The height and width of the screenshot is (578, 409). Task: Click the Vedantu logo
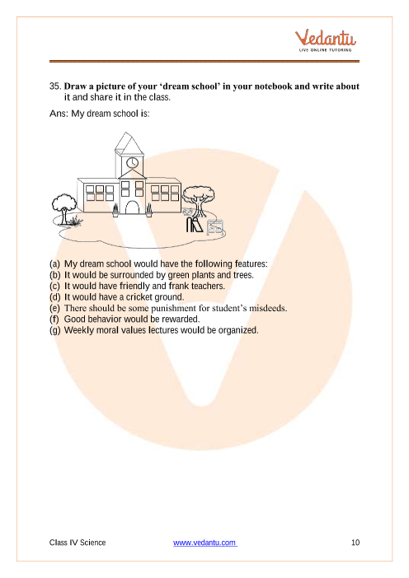tap(325, 40)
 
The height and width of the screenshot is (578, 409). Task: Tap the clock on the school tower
tap(132, 162)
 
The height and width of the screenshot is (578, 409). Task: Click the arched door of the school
tap(132, 207)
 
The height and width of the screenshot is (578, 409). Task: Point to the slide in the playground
tap(195, 225)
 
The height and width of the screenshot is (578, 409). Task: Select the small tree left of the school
tap(65, 209)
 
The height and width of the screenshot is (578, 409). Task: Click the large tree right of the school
tap(199, 201)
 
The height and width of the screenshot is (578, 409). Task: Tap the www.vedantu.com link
tap(204, 543)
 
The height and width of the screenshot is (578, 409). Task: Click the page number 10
tap(355, 543)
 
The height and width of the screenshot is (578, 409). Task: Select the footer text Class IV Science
tap(78, 543)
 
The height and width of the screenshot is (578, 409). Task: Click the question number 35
tap(55, 86)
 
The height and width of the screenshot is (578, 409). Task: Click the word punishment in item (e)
tap(173, 308)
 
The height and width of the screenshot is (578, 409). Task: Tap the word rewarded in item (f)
tap(180, 319)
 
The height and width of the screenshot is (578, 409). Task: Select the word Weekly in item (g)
tap(78, 330)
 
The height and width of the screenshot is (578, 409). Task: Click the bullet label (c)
tap(54, 287)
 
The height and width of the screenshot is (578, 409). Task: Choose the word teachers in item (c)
tap(208, 286)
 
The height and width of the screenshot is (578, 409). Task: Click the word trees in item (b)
tap(243, 275)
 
